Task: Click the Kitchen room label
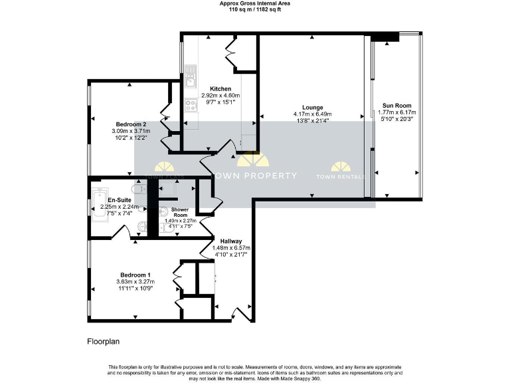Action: tap(220, 88)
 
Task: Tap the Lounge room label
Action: tap(312, 107)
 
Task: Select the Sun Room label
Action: tap(396, 105)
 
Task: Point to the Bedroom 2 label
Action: tap(131, 124)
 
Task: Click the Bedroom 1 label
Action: tap(135, 275)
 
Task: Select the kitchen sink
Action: tap(190, 78)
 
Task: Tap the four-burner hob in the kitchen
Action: tap(190, 104)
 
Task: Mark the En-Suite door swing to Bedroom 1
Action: tap(122, 231)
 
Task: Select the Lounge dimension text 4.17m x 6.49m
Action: tap(312, 114)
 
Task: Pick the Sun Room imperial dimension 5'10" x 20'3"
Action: tap(396, 120)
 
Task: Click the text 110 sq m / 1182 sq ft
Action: tap(255, 10)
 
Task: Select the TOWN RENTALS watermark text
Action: tap(341, 176)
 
